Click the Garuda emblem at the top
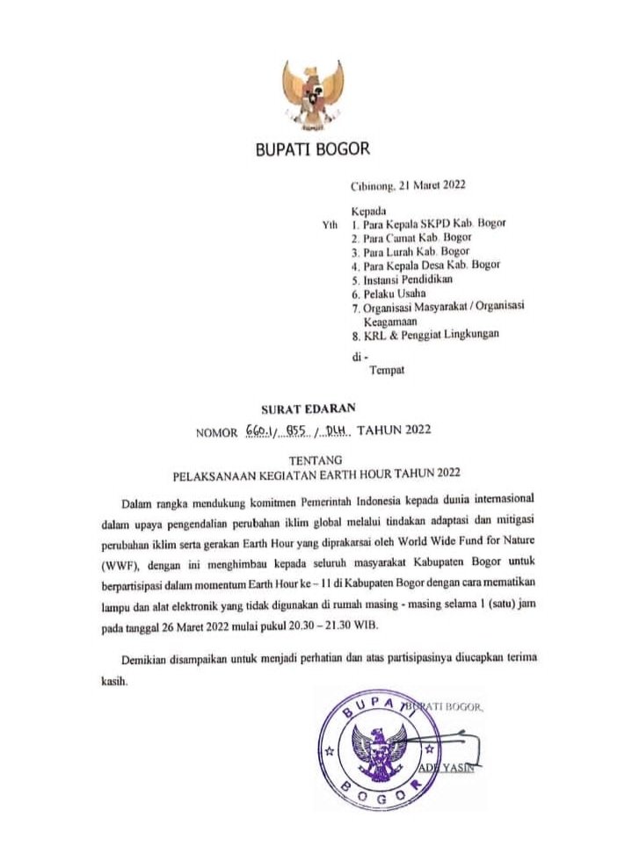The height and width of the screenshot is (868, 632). pos(312,94)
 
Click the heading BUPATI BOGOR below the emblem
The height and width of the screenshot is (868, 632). pos(312,149)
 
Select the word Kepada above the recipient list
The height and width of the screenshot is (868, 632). pos(369,212)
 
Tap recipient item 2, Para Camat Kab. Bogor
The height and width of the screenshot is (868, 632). pos(411,238)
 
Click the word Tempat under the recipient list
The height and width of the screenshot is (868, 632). pos(386,371)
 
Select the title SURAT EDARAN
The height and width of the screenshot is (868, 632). pos(303,409)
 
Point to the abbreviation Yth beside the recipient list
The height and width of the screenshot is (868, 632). pos(331,226)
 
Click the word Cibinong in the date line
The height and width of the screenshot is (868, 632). pos(373,185)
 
